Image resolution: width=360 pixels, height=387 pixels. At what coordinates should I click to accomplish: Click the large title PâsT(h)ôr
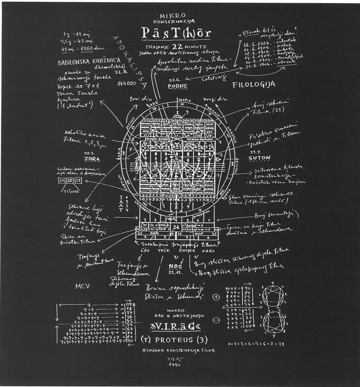(x=176, y=33)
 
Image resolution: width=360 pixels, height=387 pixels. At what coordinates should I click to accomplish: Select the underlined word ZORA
(x=92, y=158)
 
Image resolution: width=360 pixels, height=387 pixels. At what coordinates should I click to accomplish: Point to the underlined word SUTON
(x=259, y=158)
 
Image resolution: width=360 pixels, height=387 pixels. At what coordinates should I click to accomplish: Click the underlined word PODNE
(x=177, y=86)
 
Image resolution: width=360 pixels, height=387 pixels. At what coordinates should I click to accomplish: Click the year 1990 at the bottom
(x=176, y=367)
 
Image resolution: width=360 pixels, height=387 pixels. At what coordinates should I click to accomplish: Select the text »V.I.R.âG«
(x=176, y=327)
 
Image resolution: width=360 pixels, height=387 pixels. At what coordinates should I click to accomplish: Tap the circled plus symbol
(x=216, y=296)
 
